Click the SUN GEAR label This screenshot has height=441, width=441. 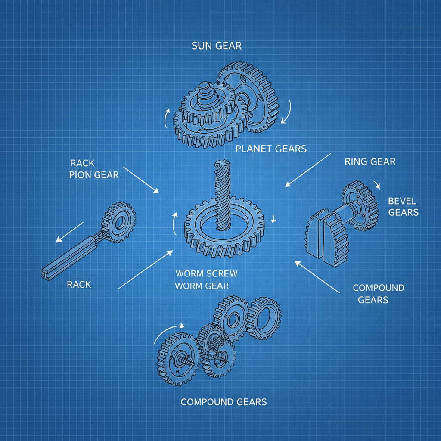(x=216, y=46)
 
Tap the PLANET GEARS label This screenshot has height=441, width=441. (x=271, y=149)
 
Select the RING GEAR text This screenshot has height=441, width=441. (x=370, y=162)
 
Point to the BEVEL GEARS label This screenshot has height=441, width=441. (x=403, y=207)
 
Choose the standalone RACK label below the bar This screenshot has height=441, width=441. (x=79, y=285)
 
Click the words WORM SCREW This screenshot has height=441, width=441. (x=206, y=274)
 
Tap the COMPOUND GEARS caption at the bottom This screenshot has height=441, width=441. (x=224, y=402)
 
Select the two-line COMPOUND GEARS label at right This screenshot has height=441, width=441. (x=378, y=294)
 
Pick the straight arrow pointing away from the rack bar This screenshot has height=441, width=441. (x=69, y=233)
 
